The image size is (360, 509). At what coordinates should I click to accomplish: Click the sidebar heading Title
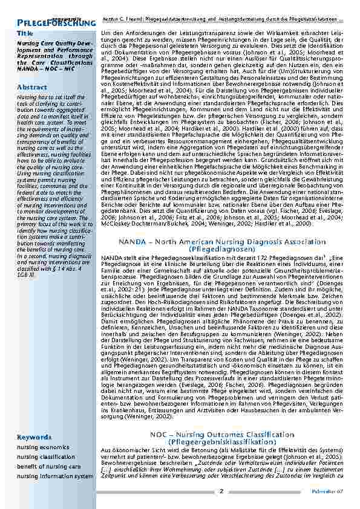pyautogui.click(x=25, y=33)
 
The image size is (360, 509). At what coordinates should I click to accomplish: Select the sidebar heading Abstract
pyautogui.click(x=32, y=87)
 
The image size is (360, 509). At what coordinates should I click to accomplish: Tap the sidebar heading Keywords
pyautogui.click(x=34, y=437)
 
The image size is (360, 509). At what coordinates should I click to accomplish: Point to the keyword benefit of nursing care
pyautogui.click(x=48, y=467)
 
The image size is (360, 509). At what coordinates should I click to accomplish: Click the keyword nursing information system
pyautogui.click(x=55, y=476)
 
